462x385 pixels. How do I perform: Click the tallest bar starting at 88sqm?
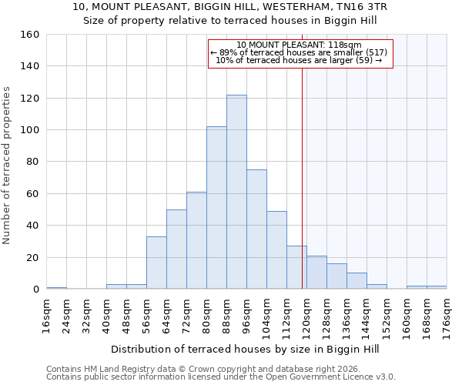[236, 192]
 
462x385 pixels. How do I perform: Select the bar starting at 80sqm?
[216, 208]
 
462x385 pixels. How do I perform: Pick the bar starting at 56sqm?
[156, 263]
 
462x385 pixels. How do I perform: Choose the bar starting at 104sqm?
[276, 250]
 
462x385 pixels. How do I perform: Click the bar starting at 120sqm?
[316, 273]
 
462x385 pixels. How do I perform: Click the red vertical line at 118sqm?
[302, 169]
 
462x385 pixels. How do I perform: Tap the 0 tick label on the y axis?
[35, 290]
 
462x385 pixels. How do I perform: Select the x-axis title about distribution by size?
[245, 349]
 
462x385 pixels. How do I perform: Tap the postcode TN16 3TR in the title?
[357, 6]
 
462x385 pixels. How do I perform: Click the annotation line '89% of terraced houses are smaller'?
[300, 52]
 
